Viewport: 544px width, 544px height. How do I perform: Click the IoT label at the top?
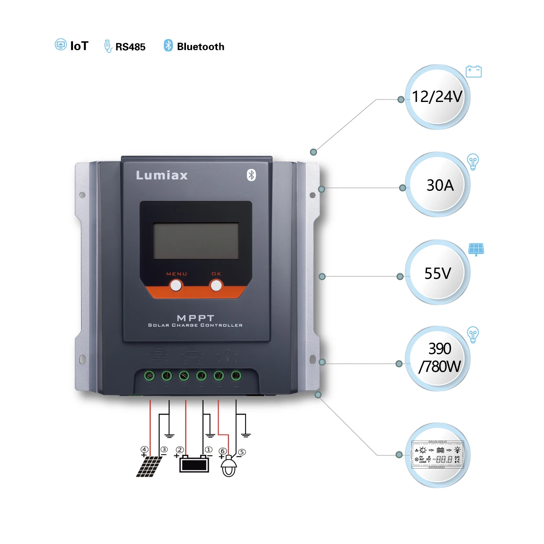point(79,46)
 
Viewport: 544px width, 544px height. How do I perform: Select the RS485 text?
point(130,47)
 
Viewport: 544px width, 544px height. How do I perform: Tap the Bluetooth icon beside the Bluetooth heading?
point(168,45)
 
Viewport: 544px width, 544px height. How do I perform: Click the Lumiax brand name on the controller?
point(162,175)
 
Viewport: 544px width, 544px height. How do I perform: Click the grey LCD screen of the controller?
point(196,241)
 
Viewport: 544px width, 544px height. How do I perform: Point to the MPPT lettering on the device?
point(196,318)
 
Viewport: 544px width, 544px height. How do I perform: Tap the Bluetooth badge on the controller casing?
point(251,175)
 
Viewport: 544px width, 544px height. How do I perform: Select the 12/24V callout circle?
point(437,97)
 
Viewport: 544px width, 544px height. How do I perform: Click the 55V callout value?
point(438,273)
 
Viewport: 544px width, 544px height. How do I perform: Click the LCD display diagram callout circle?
point(438,455)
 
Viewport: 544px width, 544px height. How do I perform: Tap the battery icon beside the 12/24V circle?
point(473,71)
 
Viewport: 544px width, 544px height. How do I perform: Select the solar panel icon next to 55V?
point(476,249)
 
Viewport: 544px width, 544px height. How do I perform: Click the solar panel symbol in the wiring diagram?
point(149,467)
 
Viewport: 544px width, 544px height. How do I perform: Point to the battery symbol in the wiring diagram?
point(194,464)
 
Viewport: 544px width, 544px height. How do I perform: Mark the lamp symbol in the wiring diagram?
point(228,466)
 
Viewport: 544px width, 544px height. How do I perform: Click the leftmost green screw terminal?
point(149,375)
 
